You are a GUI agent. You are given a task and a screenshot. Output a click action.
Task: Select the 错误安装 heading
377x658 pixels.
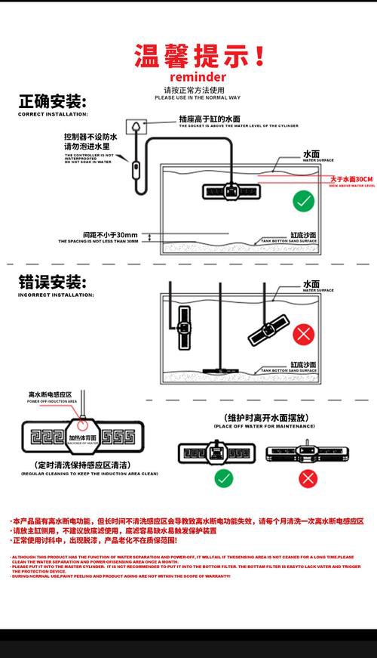point(52,283)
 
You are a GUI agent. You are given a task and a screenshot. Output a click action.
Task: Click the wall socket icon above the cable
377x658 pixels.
point(134,125)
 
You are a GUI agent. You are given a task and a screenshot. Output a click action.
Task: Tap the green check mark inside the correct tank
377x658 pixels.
point(303,201)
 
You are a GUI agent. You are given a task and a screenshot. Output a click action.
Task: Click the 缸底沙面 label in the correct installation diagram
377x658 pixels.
point(304,235)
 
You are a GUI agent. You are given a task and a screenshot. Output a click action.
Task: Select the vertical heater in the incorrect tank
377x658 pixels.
point(182,326)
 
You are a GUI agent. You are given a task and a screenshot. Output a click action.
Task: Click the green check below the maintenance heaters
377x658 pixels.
point(223,477)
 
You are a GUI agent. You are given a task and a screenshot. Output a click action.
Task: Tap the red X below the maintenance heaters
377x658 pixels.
point(308,477)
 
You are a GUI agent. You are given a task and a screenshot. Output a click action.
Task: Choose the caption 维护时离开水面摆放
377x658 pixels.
point(260,418)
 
